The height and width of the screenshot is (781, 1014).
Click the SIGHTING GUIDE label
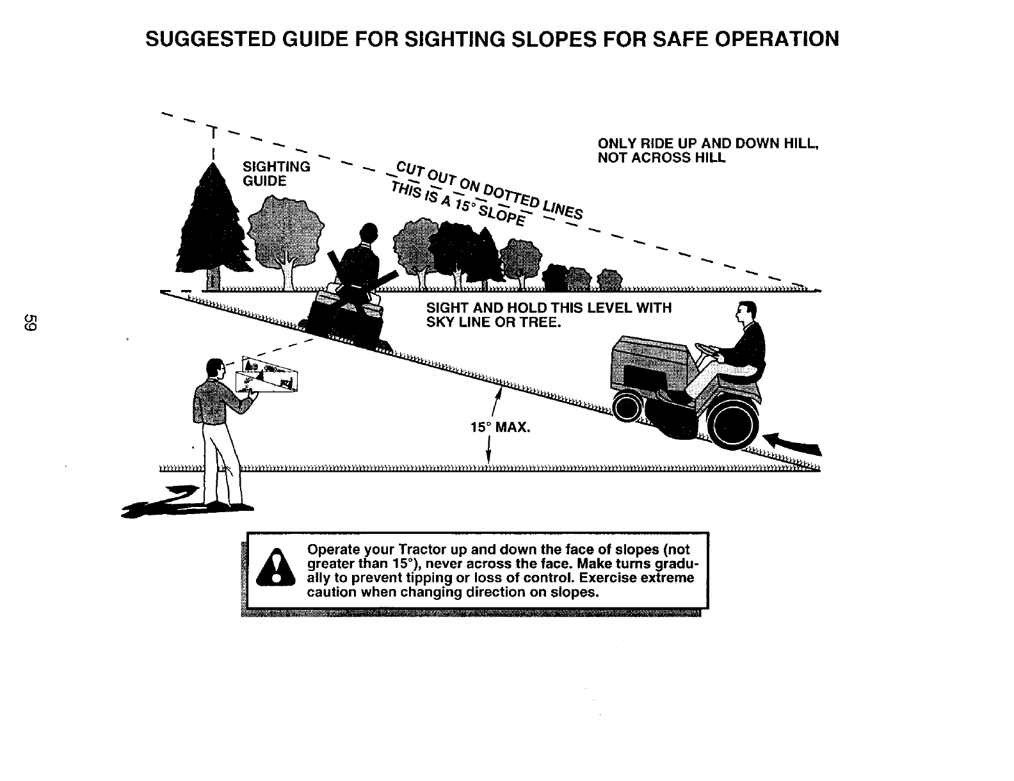point(276,174)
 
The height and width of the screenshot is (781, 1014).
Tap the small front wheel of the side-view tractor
point(628,407)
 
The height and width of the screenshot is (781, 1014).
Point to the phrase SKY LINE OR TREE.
point(494,323)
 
